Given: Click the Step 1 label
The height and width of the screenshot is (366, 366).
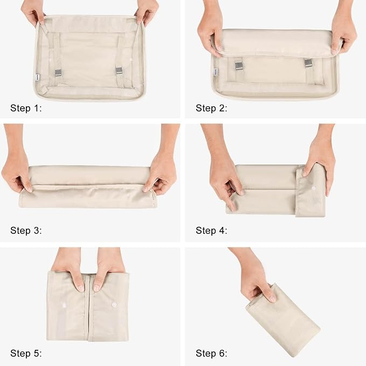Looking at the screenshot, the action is [x=26, y=108].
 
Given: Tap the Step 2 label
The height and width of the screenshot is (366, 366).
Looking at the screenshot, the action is [x=211, y=108].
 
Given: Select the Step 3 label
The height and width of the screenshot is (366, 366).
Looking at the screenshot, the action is [x=26, y=231].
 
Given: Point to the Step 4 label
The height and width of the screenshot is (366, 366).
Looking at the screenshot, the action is [x=211, y=231].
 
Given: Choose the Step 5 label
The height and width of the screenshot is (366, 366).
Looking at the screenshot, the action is [x=26, y=353].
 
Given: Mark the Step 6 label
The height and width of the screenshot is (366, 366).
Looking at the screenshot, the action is [x=211, y=353].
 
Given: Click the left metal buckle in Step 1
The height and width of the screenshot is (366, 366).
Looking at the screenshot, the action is [x=58, y=73].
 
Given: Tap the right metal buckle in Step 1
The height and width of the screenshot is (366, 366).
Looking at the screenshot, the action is [x=119, y=71].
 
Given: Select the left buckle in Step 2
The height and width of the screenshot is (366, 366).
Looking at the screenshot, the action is [x=239, y=65].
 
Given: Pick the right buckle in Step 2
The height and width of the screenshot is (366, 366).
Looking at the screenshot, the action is [x=308, y=63].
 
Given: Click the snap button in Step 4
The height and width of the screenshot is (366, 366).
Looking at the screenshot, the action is [x=313, y=188].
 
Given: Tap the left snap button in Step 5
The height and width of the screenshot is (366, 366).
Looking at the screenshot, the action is [x=64, y=305].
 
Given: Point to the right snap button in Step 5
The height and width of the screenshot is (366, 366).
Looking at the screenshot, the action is [x=114, y=305].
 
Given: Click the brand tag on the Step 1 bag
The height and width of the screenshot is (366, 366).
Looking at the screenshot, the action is [x=37, y=78].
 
